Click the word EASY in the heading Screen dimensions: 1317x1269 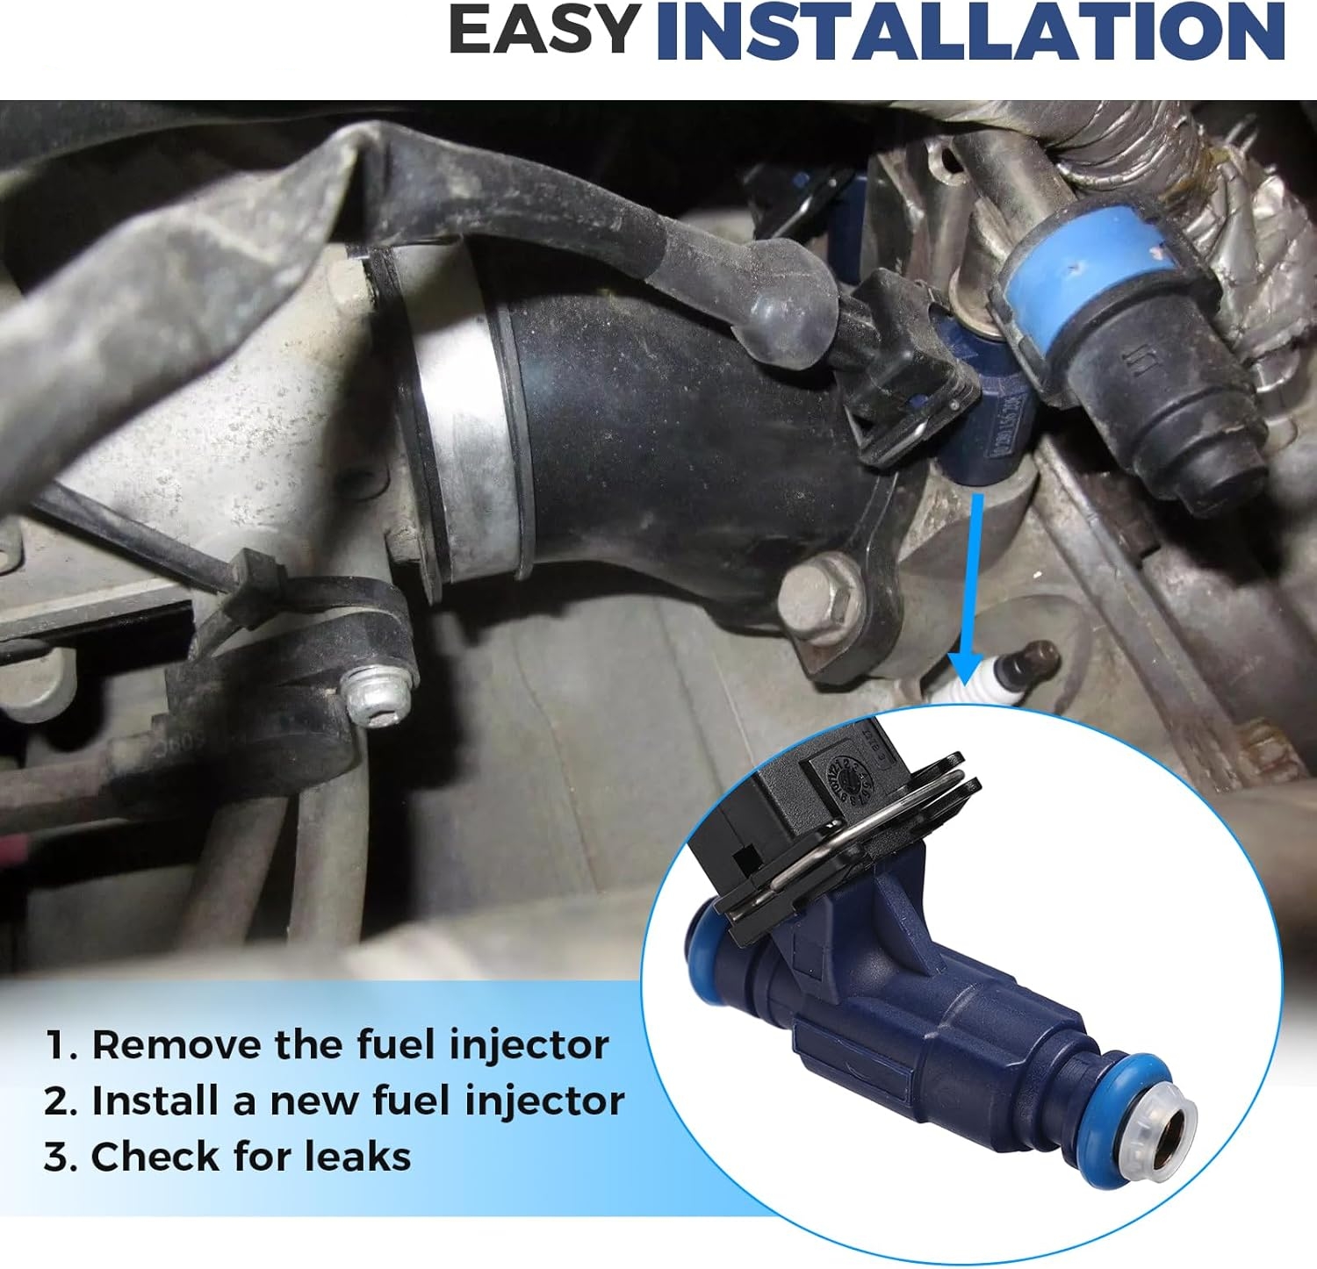click(x=543, y=31)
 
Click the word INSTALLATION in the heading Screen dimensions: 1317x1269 click(x=970, y=31)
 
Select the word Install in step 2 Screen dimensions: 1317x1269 click(x=155, y=1101)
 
